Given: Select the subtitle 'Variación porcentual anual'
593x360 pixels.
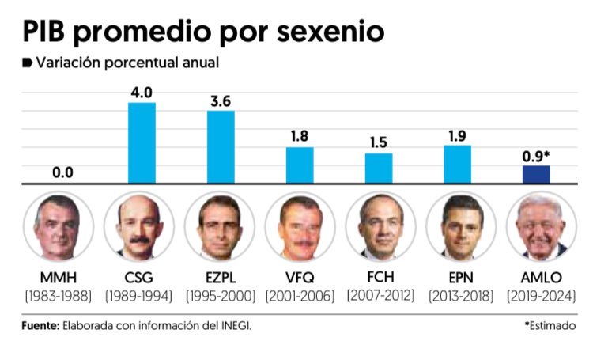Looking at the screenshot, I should click(127, 63).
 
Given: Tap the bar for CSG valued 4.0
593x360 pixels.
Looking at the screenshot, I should click(142, 143).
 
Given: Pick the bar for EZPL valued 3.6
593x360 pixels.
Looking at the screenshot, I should click(221, 147).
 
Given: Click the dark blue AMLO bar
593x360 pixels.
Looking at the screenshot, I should click(537, 174).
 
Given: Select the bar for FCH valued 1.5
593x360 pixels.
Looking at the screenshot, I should click(379, 168).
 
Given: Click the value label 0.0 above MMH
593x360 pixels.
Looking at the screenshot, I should click(62, 171).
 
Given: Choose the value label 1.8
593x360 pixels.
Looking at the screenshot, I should click(300, 135).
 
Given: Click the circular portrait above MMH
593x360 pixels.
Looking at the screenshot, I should click(59, 226).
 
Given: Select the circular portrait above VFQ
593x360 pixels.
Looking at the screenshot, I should click(299, 226).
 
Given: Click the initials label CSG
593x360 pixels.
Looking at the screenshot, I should click(138, 278).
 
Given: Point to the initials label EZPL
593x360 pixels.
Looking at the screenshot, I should click(219, 278).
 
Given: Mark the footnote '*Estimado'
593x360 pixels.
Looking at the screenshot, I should click(550, 324).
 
